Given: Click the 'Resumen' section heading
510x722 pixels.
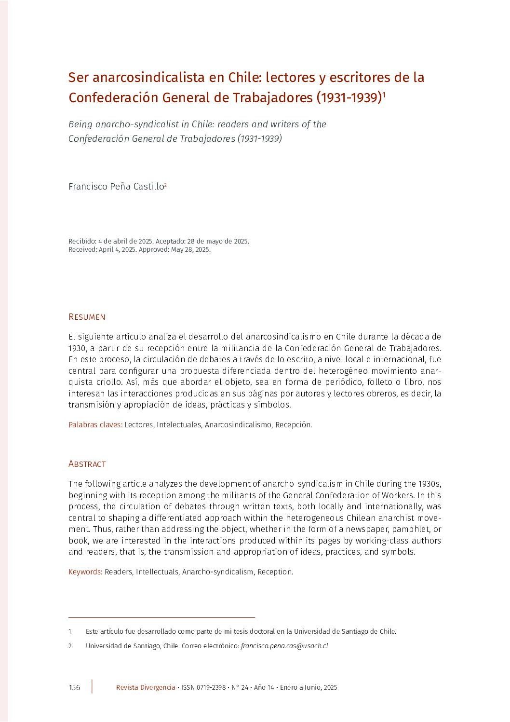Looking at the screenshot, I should (x=87, y=317).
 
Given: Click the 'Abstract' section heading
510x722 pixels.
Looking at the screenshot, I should (x=87, y=464).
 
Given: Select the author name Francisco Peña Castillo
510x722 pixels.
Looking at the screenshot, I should (x=116, y=187).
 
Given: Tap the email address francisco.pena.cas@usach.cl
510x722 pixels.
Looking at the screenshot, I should (x=284, y=646).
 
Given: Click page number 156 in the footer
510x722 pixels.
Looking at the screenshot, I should (x=74, y=688).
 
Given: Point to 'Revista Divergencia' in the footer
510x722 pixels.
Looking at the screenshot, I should (x=146, y=687).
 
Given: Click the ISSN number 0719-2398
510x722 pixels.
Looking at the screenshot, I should (x=211, y=687).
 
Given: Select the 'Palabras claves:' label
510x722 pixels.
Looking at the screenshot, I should (x=95, y=425).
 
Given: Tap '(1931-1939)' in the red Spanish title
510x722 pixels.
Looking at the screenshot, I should (x=349, y=97).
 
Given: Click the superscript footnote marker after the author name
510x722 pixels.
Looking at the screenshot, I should (x=166, y=185).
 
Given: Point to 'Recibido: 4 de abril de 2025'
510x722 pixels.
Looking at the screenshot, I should (x=110, y=241).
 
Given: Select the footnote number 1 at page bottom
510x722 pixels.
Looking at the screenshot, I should (x=70, y=631).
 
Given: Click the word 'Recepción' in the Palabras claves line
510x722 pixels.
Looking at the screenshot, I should (x=293, y=425).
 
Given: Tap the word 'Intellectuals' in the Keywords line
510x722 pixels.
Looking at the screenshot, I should (x=157, y=572).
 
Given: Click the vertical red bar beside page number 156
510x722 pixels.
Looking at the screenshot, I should (x=92, y=687).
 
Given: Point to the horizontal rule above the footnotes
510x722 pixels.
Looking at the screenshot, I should (x=161, y=617).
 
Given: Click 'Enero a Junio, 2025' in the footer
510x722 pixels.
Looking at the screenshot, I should (x=309, y=687).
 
